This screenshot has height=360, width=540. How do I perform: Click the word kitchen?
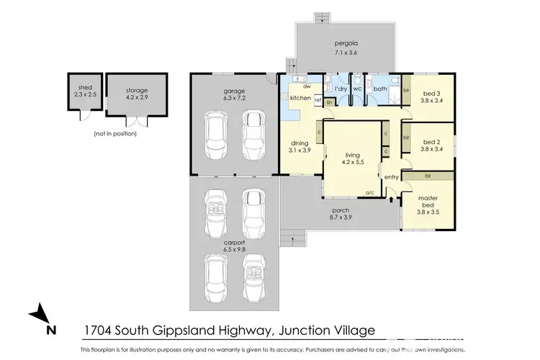(x=300, y=97)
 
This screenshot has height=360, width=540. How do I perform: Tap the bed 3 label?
(x=432, y=97)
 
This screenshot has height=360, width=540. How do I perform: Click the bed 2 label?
(x=432, y=145)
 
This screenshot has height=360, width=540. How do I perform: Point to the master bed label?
(x=428, y=202)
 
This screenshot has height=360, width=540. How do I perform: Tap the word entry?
(x=392, y=177)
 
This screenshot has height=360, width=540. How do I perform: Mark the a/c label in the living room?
(x=371, y=193)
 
